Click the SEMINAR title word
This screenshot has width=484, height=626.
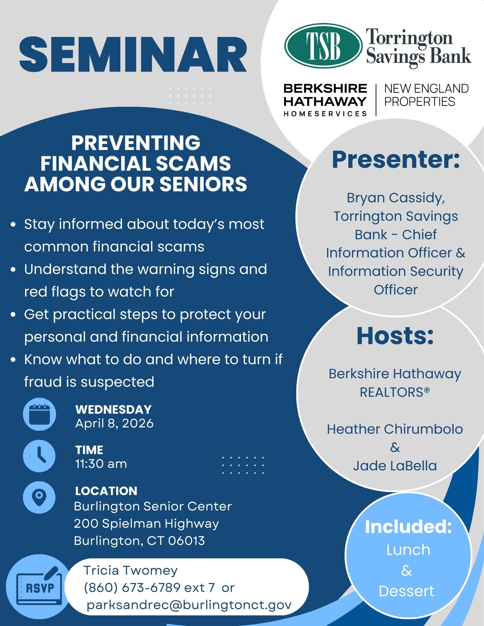coord(133,55)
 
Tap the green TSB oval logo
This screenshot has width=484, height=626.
coord(323,46)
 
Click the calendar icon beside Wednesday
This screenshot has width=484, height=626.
coord(39,414)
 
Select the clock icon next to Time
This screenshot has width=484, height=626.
coord(39,456)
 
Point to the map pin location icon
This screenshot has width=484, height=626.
coord(39,497)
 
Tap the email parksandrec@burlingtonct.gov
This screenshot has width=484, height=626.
coord(189,605)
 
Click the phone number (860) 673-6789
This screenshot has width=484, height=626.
coord(132,587)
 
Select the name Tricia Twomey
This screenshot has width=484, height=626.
coord(130,571)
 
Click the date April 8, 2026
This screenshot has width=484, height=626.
coord(114,423)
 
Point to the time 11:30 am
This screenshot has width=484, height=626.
coord(101,464)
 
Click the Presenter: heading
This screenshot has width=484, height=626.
coord(396,159)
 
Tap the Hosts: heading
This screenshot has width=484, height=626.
coord(395,336)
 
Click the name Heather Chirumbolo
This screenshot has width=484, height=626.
coord(395,429)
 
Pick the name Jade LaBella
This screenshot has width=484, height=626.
coord(395,466)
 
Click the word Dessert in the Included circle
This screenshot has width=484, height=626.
coord(406,591)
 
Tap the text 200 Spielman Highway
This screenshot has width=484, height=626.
coord(146,524)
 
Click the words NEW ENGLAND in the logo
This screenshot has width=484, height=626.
coord(426,89)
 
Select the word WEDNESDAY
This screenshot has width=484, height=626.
coord(113,410)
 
